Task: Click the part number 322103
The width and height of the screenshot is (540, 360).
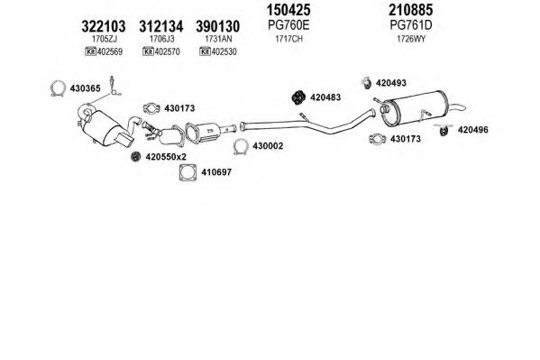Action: pyautogui.click(x=104, y=26)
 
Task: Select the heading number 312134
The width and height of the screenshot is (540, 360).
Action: pyautogui.click(x=160, y=26)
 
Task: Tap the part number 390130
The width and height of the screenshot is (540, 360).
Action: pyautogui.click(x=217, y=26)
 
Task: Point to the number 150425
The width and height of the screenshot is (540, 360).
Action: pyautogui.click(x=288, y=10)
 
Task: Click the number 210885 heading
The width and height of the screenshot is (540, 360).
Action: pyautogui.click(x=410, y=10)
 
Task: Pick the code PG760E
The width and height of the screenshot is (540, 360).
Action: pyautogui.click(x=288, y=25)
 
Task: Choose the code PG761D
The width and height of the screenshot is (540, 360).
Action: pyautogui.click(x=411, y=25)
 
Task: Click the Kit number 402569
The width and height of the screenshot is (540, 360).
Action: pyautogui.click(x=110, y=51)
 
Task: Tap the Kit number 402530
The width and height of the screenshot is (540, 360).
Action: pyautogui.click(x=224, y=51)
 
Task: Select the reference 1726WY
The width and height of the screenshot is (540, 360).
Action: pyautogui.click(x=411, y=39)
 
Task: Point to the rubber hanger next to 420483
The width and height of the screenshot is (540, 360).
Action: pyautogui.click(x=298, y=97)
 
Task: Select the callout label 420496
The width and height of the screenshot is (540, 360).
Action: pyautogui.click(x=472, y=130)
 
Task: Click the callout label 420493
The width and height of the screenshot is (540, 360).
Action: pyautogui.click(x=391, y=83)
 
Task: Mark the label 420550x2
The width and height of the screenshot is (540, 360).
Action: pyautogui.click(x=166, y=157)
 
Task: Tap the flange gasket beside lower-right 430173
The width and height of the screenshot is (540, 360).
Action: pyautogui.click(x=370, y=139)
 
